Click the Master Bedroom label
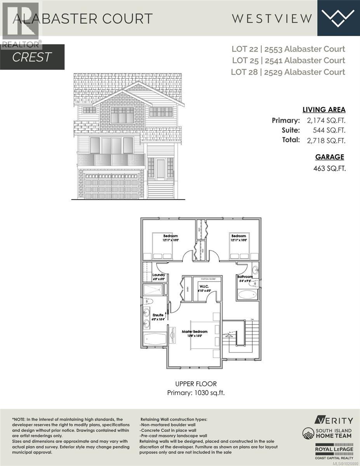[195, 332]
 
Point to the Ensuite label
[158, 315]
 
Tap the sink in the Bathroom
[255, 269]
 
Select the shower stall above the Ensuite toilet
[153, 289]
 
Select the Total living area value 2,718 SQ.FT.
[325, 141]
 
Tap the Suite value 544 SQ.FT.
[329, 130]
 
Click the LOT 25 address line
[289, 60]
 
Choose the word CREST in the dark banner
[32, 57]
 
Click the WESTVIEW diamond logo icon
[338, 17]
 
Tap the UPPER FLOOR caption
[196, 384]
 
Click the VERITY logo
[334, 420]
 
